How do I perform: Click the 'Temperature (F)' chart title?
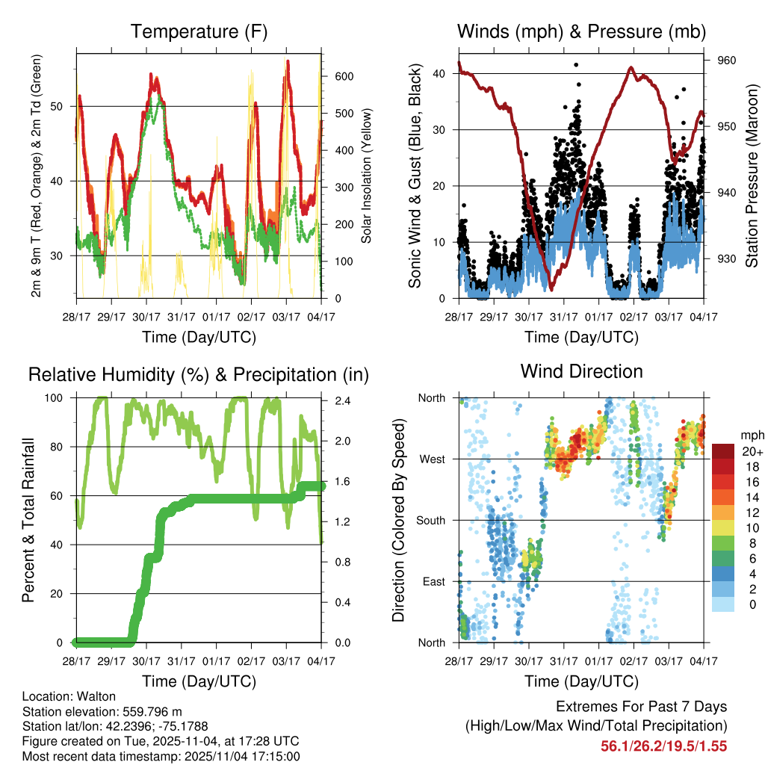click(x=199, y=32)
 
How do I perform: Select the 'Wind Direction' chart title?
click(x=581, y=371)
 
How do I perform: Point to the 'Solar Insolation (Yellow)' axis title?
click(x=367, y=176)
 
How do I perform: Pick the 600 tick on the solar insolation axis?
click(x=344, y=76)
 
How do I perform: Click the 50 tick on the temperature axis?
click(x=65, y=106)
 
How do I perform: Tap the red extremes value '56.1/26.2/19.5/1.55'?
click(x=664, y=746)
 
